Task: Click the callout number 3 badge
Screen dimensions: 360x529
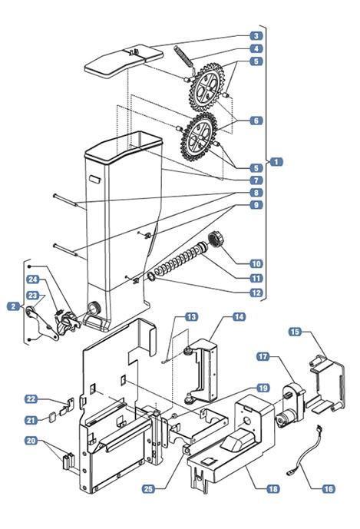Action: click(x=256, y=36)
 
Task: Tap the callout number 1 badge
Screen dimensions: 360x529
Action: click(x=276, y=162)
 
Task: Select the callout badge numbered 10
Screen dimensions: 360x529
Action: click(x=256, y=264)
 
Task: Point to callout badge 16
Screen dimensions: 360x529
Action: click(x=328, y=489)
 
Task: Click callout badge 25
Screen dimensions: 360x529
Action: click(x=149, y=489)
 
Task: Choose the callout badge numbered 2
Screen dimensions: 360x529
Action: click(x=14, y=306)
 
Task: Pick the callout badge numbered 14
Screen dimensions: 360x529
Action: click(x=239, y=317)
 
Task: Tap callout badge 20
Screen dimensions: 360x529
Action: click(x=31, y=441)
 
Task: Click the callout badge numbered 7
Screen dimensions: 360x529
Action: click(x=256, y=180)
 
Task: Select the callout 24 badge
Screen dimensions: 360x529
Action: click(x=33, y=279)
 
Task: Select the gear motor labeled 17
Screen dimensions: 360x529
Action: click(x=290, y=405)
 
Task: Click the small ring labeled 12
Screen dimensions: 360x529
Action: click(x=151, y=277)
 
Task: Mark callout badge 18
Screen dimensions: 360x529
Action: click(x=272, y=489)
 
